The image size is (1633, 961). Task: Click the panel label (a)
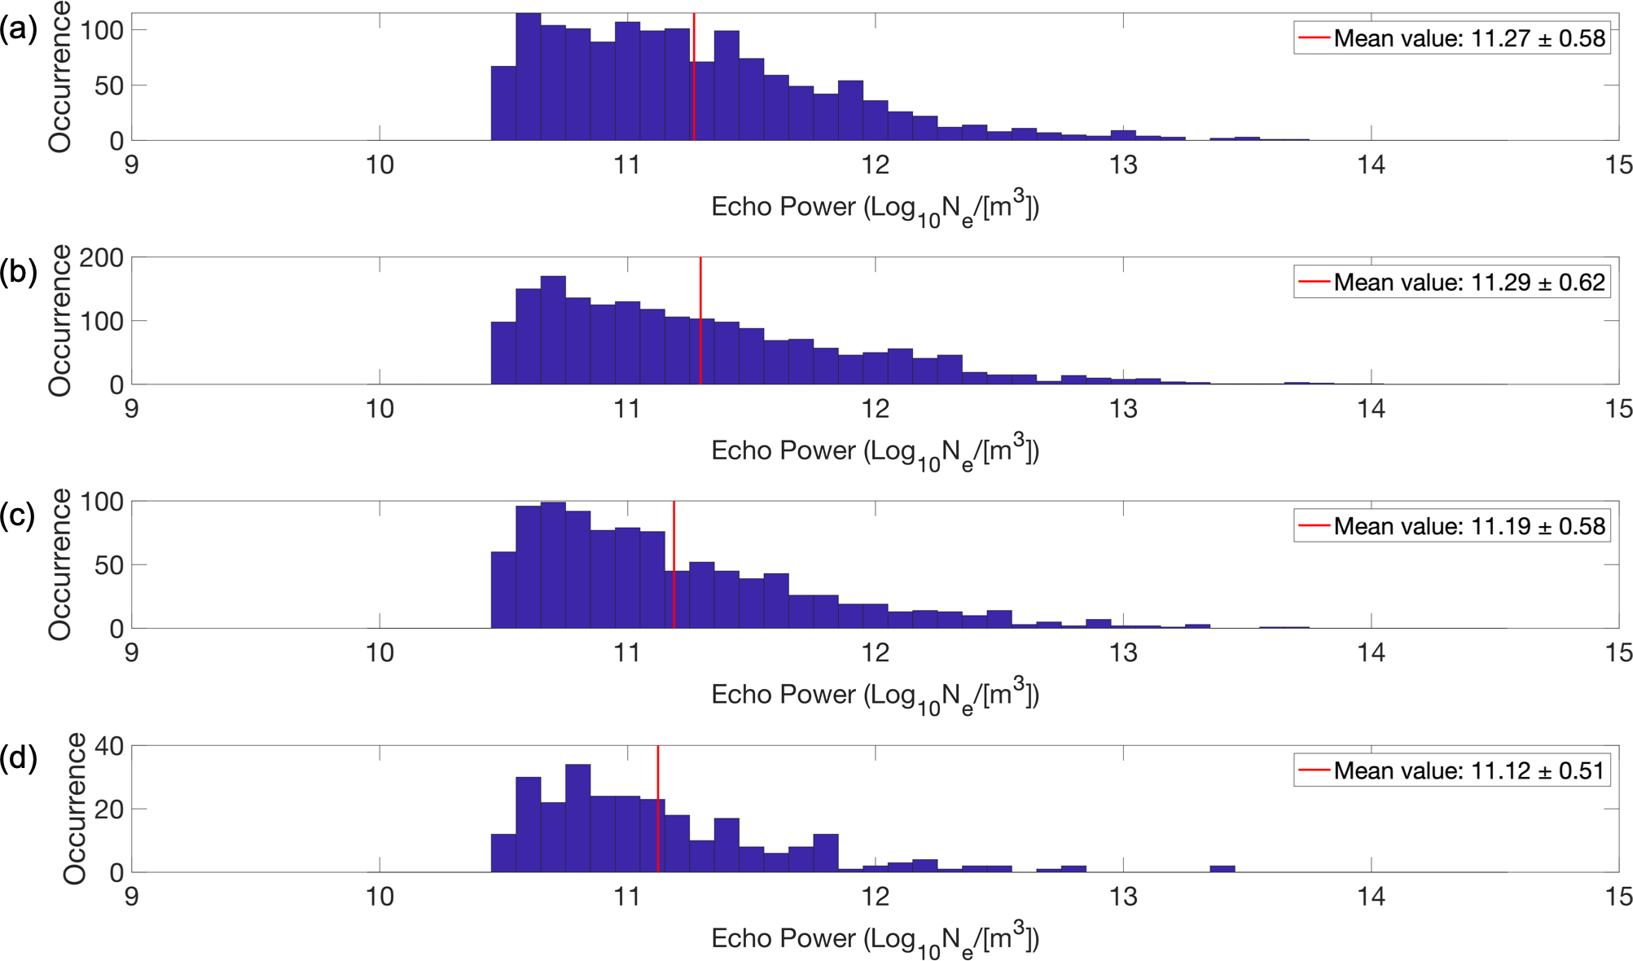click(18, 29)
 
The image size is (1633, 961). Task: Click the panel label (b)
click(18, 272)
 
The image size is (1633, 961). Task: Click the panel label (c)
click(18, 516)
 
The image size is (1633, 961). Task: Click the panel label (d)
click(18, 758)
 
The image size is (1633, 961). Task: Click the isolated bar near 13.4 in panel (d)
click(1223, 869)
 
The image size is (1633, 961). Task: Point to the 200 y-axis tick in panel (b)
click(101, 259)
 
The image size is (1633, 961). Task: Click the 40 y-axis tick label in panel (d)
click(109, 747)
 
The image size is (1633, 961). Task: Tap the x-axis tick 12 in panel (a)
click(876, 165)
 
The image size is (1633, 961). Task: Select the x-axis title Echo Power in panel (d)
click(875, 939)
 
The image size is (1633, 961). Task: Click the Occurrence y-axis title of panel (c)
click(59, 564)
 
